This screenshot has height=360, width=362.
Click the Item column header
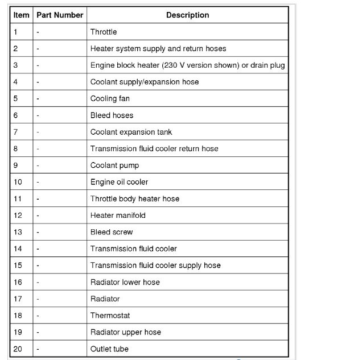click(x=21, y=15)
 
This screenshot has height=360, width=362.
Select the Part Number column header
click(x=60, y=15)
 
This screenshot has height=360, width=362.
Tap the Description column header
click(x=187, y=15)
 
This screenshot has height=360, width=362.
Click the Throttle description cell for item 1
click(x=104, y=32)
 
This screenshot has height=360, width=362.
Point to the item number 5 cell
click(x=16, y=99)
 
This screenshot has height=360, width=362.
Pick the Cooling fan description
click(x=110, y=99)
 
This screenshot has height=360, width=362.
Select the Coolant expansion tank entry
click(x=131, y=132)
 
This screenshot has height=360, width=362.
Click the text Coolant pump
click(x=114, y=165)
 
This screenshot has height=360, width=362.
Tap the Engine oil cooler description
click(x=119, y=182)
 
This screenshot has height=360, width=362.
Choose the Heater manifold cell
click(x=118, y=216)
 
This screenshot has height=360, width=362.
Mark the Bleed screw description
click(x=112, y=232)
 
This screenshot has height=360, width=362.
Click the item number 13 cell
click(x=18, y=232)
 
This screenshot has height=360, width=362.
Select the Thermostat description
click(x=110, y=315)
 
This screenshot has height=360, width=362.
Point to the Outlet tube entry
click(x=109, y=349)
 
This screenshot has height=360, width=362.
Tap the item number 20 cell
click(x=18, y=349)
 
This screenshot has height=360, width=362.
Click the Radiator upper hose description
click(x=125, y=332)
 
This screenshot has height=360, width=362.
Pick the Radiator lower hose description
click(x=125, y=282)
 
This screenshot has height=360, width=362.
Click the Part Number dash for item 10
click(x=38, y=182)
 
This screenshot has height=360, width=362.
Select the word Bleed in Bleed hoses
click(x=100, y=115)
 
